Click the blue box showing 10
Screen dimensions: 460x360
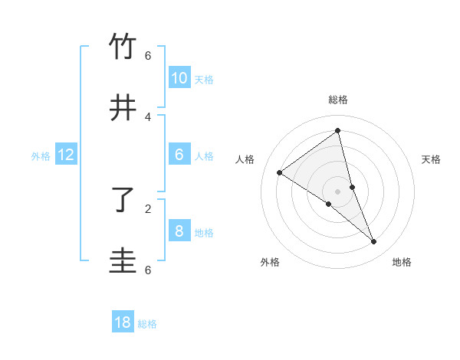tap(179, 77)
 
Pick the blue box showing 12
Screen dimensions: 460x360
tap(66, 155)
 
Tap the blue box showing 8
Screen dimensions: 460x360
tap(179, 231)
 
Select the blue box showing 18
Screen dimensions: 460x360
tap(123, 322)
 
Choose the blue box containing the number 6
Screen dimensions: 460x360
tap(179, 154)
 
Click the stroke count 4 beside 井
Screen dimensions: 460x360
tap(148, 117)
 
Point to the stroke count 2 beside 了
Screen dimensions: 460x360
tap(148, 208)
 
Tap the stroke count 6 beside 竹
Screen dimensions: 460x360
tap(148, 56)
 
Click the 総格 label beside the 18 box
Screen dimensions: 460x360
tap(147, 324)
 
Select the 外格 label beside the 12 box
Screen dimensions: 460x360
tap(41, 156)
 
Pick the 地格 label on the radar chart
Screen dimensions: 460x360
tap(402, 262)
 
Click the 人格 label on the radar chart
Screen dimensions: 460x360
tap(245, 159)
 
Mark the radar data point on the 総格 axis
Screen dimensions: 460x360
tap(337, 131)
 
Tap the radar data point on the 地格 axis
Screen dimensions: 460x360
tap(374, 242)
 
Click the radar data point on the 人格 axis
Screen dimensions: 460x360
tap(279, 172)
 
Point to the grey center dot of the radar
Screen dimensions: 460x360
tap(337, 191)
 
